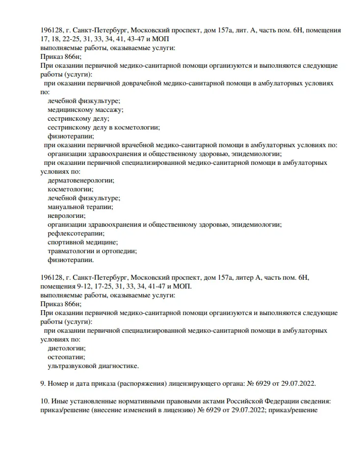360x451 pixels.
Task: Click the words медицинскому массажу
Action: click(x=85, y=109)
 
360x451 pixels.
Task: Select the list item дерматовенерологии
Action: click(x=80, y=181)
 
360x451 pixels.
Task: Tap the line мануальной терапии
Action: click(x=80, y=207)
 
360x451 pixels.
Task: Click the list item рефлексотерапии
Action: click(x=76, y=234)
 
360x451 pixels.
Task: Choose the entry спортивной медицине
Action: click(x=82, y=242)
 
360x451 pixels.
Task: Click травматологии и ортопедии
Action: click(x=92, y=251)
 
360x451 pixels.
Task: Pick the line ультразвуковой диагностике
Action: click(x=93, y=366)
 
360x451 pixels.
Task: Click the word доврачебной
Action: click(x=133, y=83)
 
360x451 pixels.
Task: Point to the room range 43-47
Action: click(x=142, y=39)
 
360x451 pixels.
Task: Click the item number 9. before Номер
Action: click(x=43, y=384)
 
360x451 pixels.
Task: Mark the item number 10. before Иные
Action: click(x=45, y=401)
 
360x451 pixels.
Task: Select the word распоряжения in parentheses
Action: click(x=142, y=384)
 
